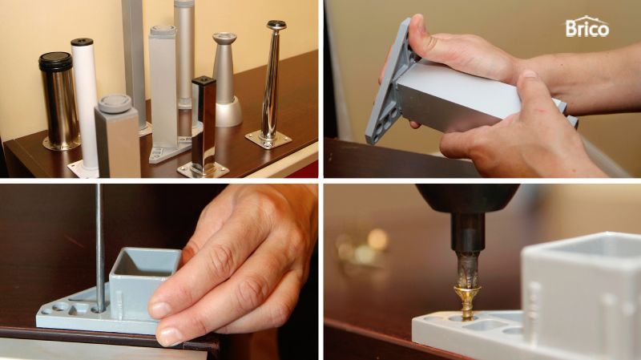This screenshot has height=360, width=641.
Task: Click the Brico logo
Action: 587,27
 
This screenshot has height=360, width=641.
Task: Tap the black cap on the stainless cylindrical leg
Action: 55,62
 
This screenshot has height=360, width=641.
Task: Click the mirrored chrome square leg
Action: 204,123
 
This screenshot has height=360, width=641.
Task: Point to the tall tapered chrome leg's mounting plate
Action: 268,140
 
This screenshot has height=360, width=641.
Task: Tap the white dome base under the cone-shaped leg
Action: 228,111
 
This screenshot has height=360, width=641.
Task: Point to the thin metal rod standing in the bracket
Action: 99,247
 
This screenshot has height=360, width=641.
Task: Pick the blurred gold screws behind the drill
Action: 362,245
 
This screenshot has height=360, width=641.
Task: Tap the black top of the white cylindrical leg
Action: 83,42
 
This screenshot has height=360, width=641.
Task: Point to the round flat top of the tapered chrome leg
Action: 276,25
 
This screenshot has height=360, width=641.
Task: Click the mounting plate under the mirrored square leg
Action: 204,170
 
